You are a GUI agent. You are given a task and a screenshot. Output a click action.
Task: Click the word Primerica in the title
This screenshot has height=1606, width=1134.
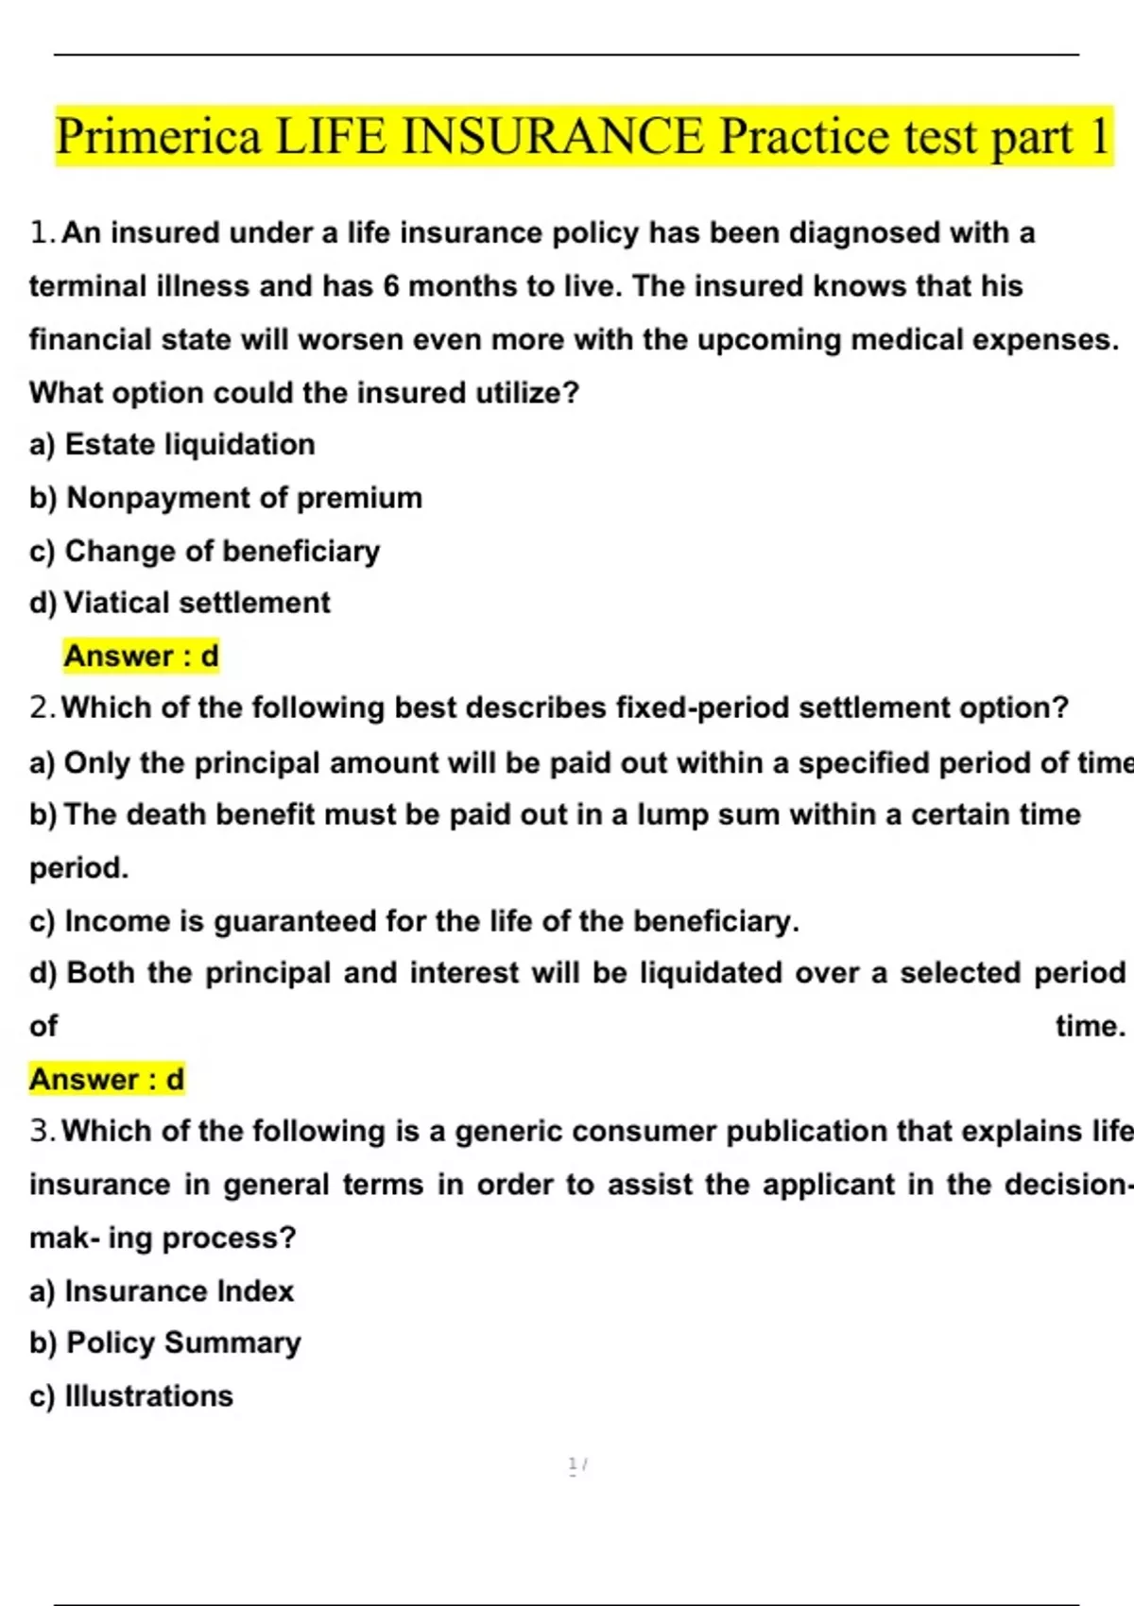(158, 136)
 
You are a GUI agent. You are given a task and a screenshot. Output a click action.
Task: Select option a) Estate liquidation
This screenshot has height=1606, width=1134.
(173, 445)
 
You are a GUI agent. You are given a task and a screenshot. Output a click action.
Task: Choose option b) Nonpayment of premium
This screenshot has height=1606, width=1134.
(226, 498)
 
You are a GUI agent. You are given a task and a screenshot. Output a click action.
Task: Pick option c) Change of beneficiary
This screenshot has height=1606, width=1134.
(205, 551)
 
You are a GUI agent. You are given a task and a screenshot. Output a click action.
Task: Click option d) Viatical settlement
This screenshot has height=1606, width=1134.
(180, 603)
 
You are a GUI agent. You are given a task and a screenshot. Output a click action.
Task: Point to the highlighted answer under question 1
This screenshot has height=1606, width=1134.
(141, 656)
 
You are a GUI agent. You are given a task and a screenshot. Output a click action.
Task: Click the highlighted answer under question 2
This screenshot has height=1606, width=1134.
(107, 1079)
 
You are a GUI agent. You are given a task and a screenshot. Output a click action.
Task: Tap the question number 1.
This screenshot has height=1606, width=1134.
(40, 232)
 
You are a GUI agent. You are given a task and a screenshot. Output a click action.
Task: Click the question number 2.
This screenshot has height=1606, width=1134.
(40, 708)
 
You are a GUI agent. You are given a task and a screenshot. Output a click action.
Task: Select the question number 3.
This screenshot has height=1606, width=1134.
(40, 1131)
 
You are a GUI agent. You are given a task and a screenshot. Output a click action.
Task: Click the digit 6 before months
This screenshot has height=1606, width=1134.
(391, 286)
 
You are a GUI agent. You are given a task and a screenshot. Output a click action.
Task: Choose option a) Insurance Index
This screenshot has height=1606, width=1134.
(162, 1291)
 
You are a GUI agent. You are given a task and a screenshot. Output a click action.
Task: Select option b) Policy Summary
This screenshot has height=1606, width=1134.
(165, 1343)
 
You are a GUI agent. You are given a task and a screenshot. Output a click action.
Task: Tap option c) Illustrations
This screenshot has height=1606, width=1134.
(131, 1396)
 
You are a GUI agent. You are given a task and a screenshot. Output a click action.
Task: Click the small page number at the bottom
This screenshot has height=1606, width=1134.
(576, 1465)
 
